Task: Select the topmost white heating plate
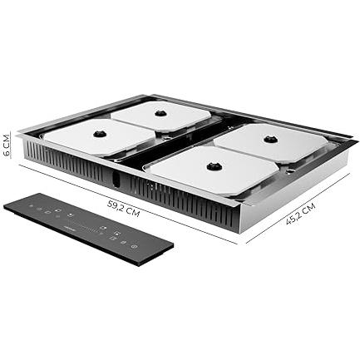[161, 115]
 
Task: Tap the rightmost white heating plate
[271, 142]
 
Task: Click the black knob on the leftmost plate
[100, 134]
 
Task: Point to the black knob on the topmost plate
[160, 113]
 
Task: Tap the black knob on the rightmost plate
[269, 139]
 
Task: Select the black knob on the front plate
[213, 166]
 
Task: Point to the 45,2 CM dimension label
[301, 214]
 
